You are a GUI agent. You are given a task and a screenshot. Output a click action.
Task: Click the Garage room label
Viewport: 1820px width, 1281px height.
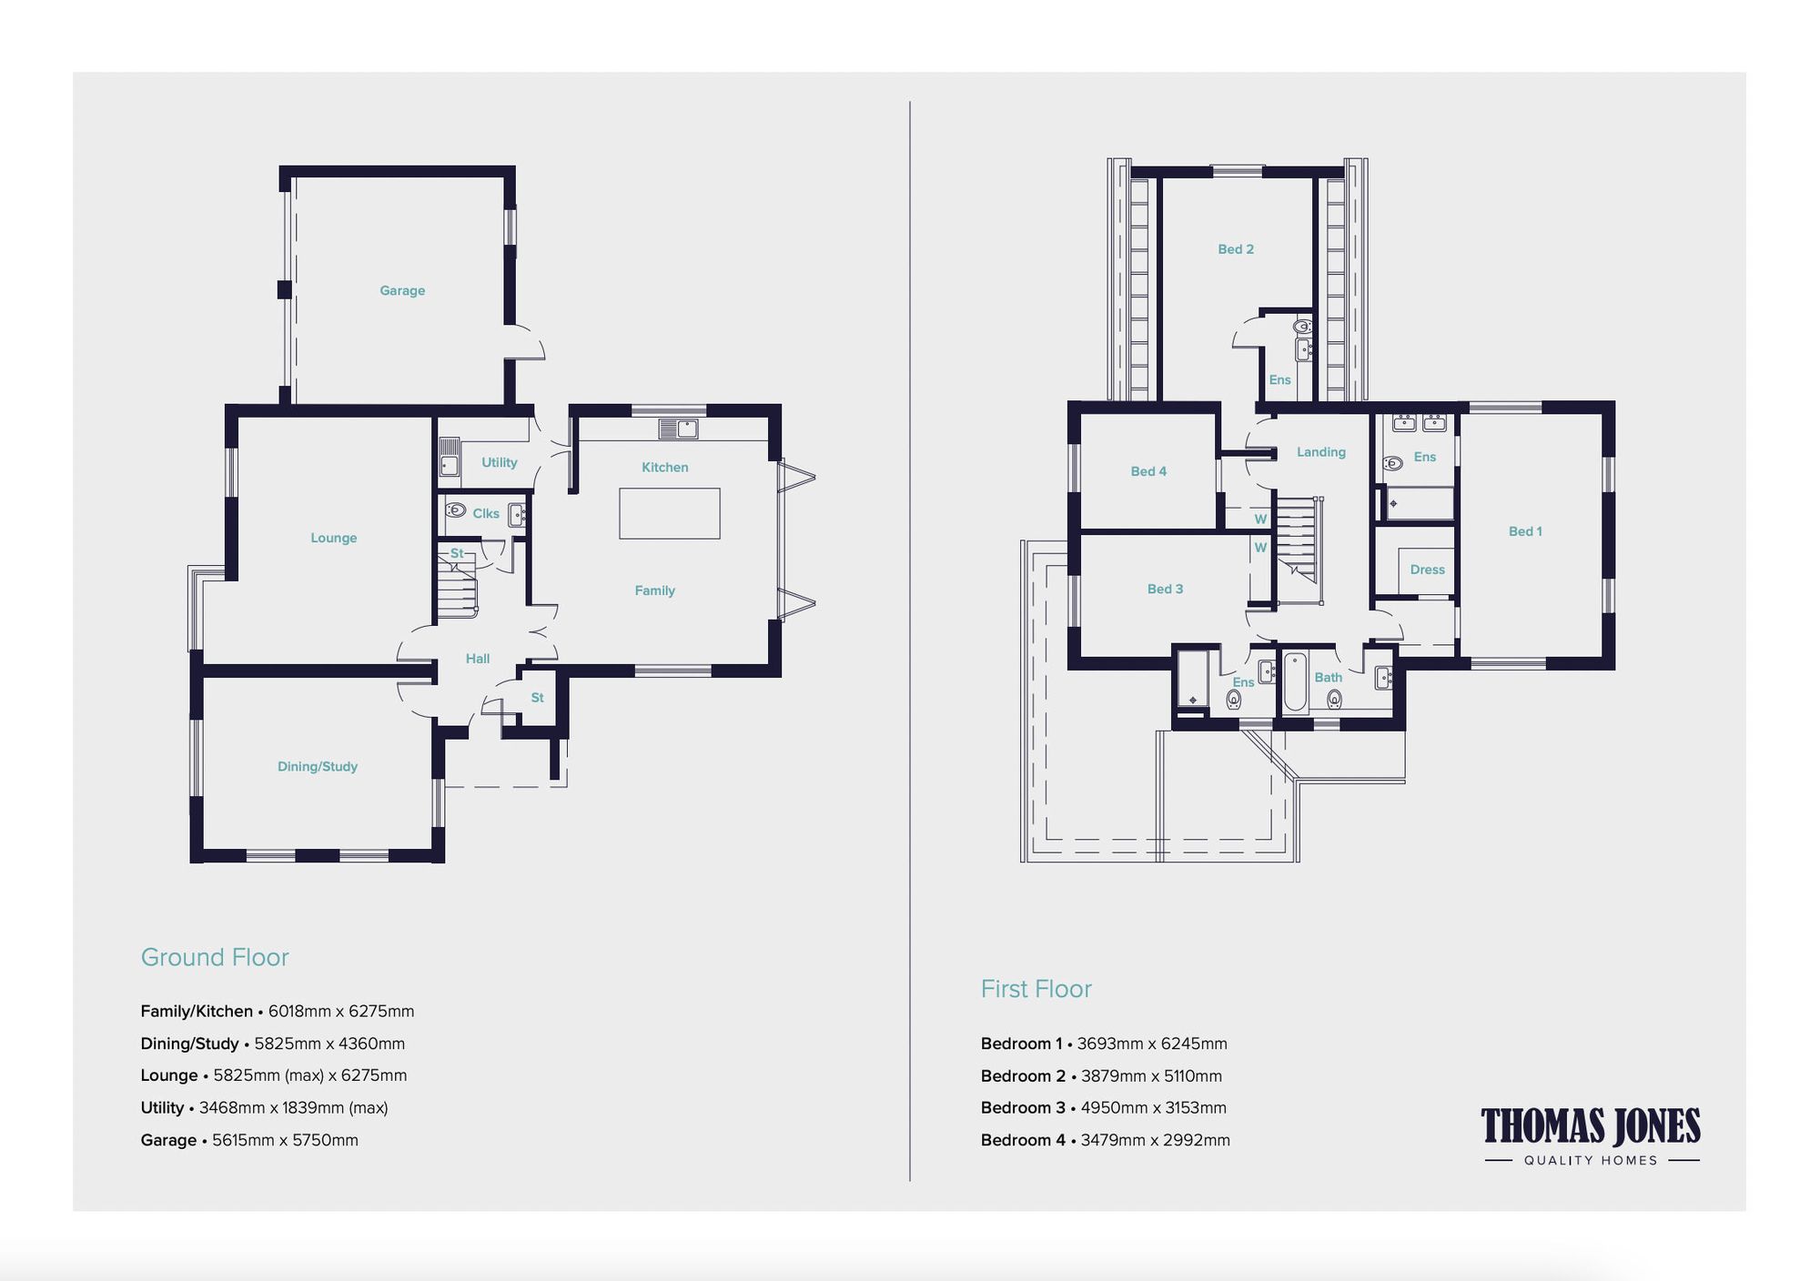[402, 290]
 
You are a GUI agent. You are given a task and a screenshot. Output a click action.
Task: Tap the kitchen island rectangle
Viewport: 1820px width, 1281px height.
[670, 513]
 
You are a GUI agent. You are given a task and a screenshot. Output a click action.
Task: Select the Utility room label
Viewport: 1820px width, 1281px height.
[499, 462]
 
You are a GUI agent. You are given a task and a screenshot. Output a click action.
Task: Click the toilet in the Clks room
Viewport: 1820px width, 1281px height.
[456, 510]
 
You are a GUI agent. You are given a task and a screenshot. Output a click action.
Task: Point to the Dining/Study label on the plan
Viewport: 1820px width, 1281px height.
[318, 766]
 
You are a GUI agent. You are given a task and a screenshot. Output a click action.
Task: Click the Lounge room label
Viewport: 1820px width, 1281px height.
[333, 538]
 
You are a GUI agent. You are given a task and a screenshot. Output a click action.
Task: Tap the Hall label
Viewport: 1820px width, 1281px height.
[478, 659]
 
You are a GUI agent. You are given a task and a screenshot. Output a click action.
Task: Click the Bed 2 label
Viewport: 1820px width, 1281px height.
[1236, 249]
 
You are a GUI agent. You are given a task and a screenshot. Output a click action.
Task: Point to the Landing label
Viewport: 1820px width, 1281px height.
[1320, 452]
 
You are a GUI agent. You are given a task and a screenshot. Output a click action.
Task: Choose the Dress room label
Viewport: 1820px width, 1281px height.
[1427, 570]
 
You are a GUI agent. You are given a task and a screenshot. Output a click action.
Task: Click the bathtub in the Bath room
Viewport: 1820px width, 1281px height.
[1295, 681]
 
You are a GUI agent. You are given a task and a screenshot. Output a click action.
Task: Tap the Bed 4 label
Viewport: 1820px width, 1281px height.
[1148, 471]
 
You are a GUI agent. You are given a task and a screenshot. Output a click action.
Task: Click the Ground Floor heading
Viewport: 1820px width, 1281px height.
[215, 957]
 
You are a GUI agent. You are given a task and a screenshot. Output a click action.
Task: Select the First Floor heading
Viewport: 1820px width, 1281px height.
[1036, 989]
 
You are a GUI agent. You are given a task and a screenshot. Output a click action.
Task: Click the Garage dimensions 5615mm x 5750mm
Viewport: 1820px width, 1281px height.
[285, 1140]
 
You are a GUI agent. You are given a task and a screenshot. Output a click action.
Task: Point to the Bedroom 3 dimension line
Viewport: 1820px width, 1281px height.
[1103, 1107]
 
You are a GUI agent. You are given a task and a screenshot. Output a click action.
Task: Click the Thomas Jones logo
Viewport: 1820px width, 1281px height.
[1591, 1135]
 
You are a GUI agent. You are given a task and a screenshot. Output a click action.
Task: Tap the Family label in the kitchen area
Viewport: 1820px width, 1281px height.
[654, 590]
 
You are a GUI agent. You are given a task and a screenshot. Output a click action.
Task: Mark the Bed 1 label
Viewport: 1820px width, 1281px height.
[1525, 531]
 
